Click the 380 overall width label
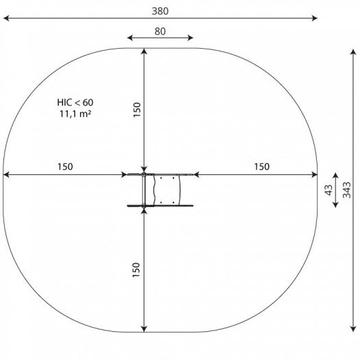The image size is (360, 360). pyautogui.click(x=160, y=11)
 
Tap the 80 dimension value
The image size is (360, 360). pyautogui.click(x=160, y=32)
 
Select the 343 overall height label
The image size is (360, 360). pyautogui.click(x=347, y=190)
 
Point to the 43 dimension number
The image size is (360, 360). pyautogui.click(x=328, y=190)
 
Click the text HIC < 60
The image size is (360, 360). pyautogui.click(x=75, y=102)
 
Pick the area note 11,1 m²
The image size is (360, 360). pyautogui.click(x=75, y=114)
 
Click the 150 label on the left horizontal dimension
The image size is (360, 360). pyautogui.click(x=65, y=167)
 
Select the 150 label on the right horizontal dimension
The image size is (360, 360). pyautogui.click(x=262, y=167)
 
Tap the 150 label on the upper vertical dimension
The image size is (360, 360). pyautogui.click(x=137, y=110)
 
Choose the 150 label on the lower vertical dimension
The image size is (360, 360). pyautogui.click(x=136, y=270)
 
